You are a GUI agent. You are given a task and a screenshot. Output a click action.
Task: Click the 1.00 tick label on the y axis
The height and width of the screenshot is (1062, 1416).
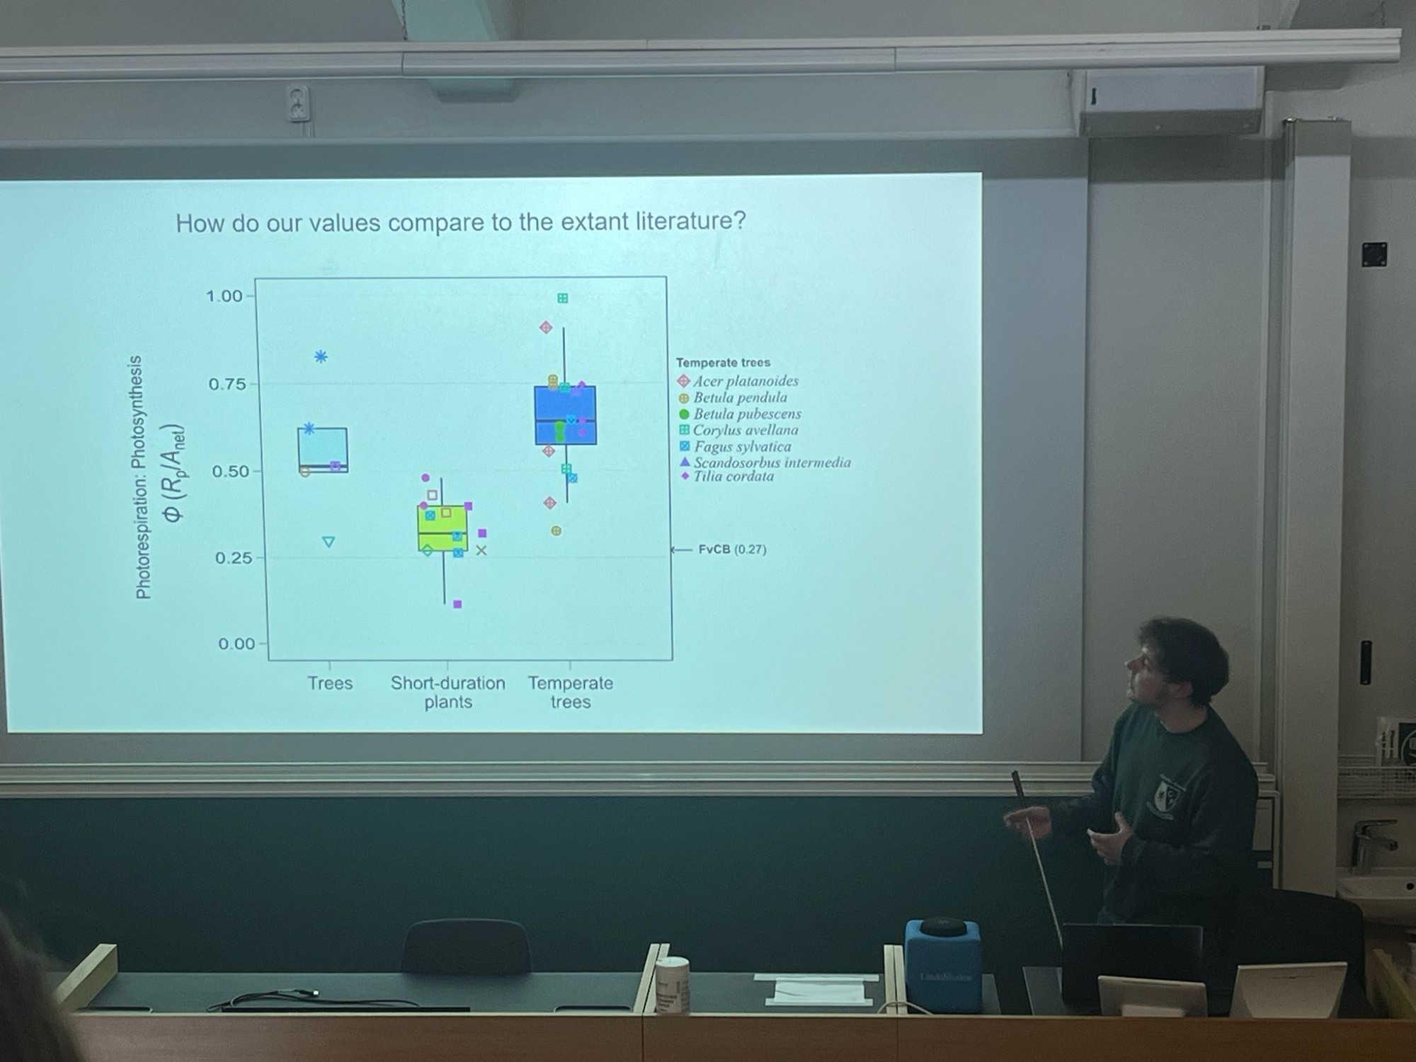point(224,296)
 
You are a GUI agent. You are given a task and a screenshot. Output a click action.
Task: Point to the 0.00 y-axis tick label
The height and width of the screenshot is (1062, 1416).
point(236,644)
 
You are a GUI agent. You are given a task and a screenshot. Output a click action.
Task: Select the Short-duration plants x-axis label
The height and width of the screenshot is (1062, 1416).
point(448,692)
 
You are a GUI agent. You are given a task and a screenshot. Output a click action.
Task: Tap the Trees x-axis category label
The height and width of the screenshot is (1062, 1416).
point(330,683)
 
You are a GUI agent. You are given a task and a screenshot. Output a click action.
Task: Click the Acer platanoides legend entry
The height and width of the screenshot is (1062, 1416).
point(738,381)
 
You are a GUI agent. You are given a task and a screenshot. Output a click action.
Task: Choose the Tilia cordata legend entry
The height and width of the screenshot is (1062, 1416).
point(727,476)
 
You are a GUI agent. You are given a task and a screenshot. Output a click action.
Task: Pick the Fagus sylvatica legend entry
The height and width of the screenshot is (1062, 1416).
point(736,447)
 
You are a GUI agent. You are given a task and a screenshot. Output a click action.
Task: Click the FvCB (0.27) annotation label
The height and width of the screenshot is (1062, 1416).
point(732,549)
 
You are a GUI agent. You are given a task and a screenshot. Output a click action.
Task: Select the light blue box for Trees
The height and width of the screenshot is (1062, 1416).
point(322,450)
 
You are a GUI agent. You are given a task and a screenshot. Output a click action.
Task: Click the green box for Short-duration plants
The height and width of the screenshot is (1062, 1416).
point(442,527)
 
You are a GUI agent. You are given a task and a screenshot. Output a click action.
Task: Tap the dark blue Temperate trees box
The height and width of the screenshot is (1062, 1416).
point(565,415)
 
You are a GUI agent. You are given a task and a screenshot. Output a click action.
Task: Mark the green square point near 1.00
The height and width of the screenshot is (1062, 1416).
point(563,298)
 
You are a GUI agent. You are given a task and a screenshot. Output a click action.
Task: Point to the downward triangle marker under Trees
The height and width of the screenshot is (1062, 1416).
point(329,542)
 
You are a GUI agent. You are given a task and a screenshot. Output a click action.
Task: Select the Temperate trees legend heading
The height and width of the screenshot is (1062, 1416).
point(723,362)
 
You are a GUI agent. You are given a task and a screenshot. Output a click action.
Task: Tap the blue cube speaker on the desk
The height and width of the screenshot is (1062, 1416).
point(942,964)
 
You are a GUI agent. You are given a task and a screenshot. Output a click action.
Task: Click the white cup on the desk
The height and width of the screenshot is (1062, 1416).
point(672,985)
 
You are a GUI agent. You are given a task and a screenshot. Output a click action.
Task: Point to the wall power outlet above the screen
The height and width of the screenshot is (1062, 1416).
point(299,103)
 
